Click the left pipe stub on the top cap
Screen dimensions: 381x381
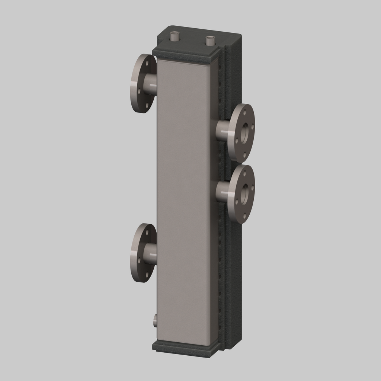point(174,37)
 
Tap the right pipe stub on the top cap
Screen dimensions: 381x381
point(210,41)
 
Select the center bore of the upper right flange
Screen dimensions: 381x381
point(244,133)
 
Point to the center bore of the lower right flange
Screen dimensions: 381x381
point(244,194)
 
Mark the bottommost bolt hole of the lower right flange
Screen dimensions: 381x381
point(244,216)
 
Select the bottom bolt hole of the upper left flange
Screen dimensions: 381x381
point(147,105)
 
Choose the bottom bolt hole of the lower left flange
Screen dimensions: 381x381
point(147,275)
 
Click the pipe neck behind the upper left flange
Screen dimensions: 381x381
point(150,84)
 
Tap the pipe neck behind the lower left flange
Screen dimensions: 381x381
point(150,254)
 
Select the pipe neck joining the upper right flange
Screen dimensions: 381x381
point(222,130)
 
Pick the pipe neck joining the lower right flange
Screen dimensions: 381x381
point(222,192)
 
